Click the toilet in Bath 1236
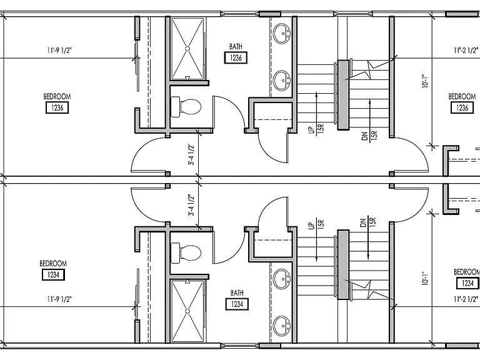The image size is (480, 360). tap(186, 106)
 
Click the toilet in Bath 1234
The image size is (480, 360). tap(186, 253)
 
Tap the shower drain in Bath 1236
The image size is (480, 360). tap(187, 48)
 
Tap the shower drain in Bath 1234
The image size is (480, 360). tap(187, 311)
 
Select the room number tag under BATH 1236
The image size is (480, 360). tap(236, 57)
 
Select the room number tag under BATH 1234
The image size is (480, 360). tap(237, 304)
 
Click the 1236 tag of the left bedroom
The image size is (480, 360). tap(57, 107)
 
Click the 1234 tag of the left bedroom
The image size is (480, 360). tap(53, 274)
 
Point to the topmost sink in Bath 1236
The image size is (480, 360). tap(282, 33)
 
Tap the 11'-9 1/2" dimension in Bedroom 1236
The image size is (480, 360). tap(59, 50)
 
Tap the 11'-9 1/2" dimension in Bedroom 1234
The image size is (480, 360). tap(59, 299)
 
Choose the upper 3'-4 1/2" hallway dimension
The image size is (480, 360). tap(191, 154)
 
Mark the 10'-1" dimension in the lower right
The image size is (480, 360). tap(425, 278)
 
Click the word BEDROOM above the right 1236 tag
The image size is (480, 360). tap(462, 97)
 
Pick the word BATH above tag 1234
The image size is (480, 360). tap(237, 293)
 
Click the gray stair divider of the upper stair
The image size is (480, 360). tap(344, 95)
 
